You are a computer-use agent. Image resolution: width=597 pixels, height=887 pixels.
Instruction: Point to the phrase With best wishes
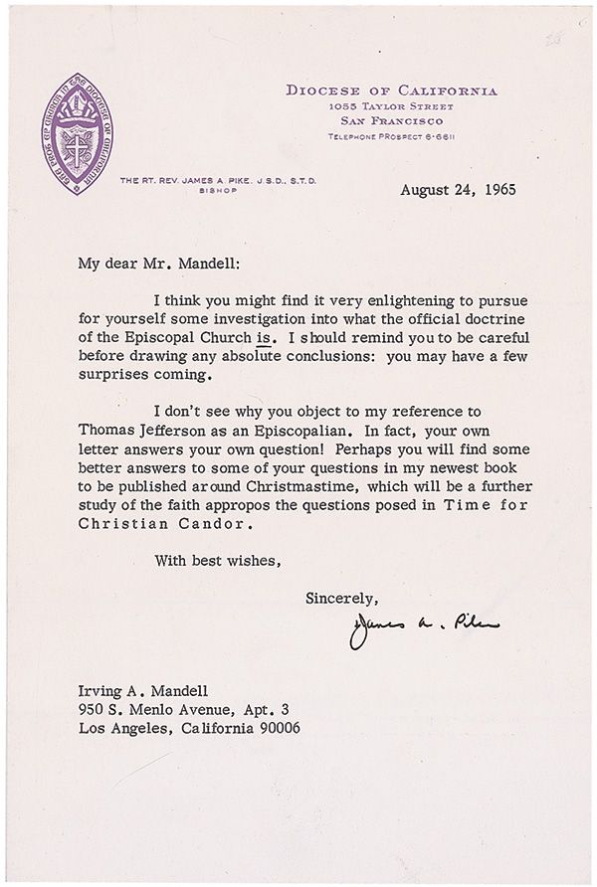point(218,561)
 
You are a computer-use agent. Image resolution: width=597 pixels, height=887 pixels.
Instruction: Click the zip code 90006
point(280,729)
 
